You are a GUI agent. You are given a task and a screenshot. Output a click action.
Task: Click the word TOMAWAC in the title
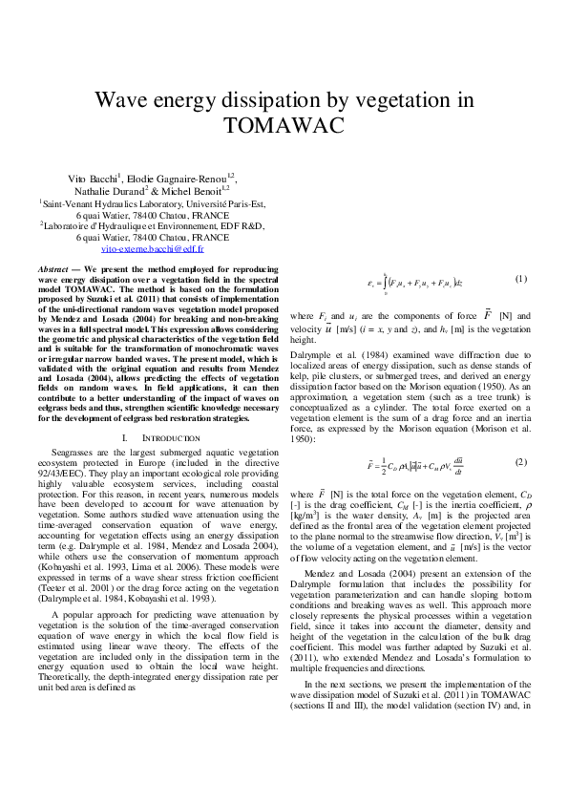[284, 125]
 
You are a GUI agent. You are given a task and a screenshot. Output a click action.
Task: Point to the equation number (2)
[520, 461]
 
